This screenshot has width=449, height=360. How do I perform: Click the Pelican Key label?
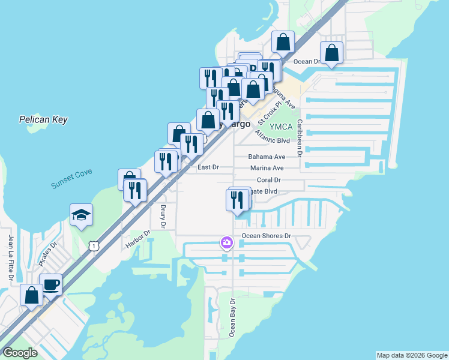click(43, 119)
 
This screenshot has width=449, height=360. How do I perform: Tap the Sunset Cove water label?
click(71, 179)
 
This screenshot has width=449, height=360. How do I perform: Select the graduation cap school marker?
click(81, 215)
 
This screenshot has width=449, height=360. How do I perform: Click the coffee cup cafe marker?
click(50, 284)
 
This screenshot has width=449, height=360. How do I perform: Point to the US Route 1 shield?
click(93, 245)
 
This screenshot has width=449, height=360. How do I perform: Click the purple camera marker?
click(227, 243)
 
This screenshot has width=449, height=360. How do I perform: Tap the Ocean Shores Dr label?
click(266, 236)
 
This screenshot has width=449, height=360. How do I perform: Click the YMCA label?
click(280, 127)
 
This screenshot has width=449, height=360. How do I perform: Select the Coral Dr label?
click(269, 180)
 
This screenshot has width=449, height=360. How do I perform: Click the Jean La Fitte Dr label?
click(10, 258)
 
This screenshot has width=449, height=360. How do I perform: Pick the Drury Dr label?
click(163, 216)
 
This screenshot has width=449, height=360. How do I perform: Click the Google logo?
click(20, 353)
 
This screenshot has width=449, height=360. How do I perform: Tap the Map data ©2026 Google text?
click(412, 355)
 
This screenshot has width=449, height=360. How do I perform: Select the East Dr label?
click(208, 167)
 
